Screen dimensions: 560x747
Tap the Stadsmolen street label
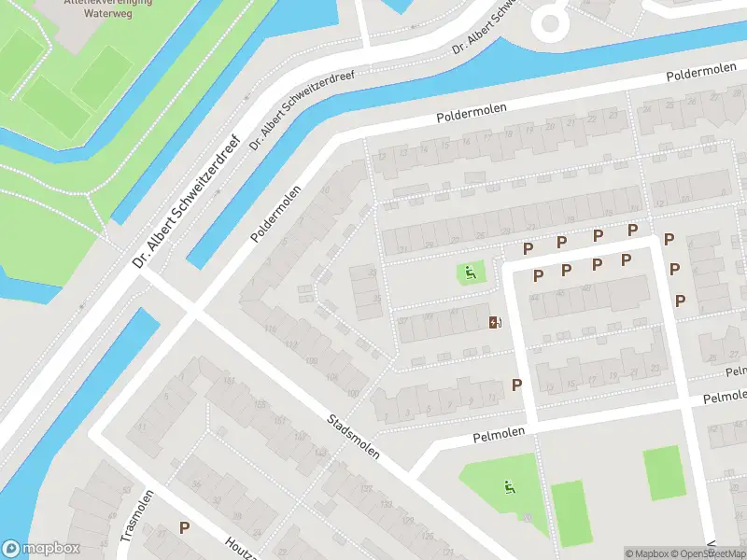354,436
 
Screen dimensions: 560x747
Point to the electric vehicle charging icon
494,323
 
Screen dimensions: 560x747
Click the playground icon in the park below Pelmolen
509,485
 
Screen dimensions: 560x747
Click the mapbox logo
40,549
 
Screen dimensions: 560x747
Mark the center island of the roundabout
549,21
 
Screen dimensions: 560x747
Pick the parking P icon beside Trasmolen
185,527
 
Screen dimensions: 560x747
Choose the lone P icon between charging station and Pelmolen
516,384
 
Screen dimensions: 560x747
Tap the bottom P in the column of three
680,301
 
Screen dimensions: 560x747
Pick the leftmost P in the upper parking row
528,248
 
